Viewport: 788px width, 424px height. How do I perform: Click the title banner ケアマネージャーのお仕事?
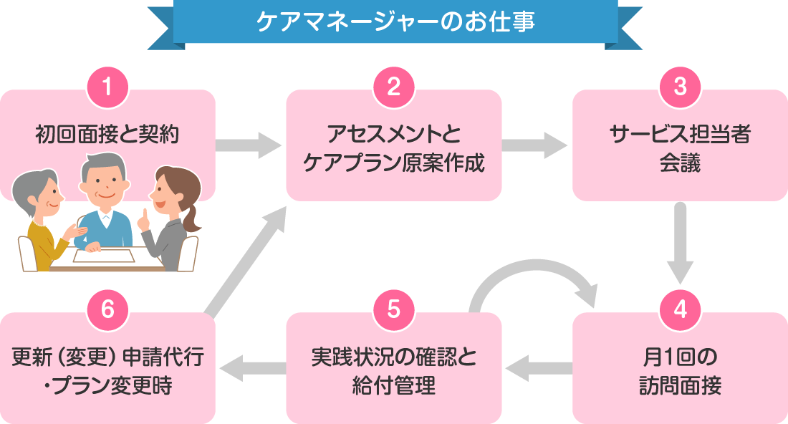[x=395, y=21]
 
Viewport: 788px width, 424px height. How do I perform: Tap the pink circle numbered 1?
[x=107, y=87]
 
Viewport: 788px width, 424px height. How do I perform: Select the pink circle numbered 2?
[x=393, y=87]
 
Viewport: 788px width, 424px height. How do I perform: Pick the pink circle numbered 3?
[x=680, y=87]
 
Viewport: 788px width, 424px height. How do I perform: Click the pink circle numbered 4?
[x=680, y=310]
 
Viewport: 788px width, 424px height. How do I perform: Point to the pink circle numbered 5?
[x=393, y=310]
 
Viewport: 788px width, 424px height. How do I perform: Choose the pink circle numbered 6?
[x=107, y=310]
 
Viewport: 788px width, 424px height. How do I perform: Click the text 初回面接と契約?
[x=107, y=133]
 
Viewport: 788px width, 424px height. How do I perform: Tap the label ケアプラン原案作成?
[x=394, y=164]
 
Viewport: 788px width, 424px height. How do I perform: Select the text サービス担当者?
[x=680, y=134]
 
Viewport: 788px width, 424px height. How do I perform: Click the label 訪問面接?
[x=680, y=387]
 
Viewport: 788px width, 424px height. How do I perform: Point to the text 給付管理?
[x=394, y=387]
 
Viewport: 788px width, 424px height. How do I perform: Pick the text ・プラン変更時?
[x=107, y=387]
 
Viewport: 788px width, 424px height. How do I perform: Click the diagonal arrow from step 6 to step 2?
[x=247, y=258]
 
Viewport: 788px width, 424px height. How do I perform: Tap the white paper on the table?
[x=104, y=255]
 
